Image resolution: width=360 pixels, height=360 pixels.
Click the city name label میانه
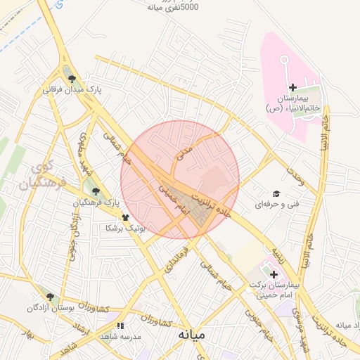191,335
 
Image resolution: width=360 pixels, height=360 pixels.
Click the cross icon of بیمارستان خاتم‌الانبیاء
292,86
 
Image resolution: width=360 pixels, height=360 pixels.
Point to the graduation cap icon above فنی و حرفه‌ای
276,193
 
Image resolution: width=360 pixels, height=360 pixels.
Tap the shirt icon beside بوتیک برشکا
125,217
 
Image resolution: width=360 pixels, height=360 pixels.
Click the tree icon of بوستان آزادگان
51,297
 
